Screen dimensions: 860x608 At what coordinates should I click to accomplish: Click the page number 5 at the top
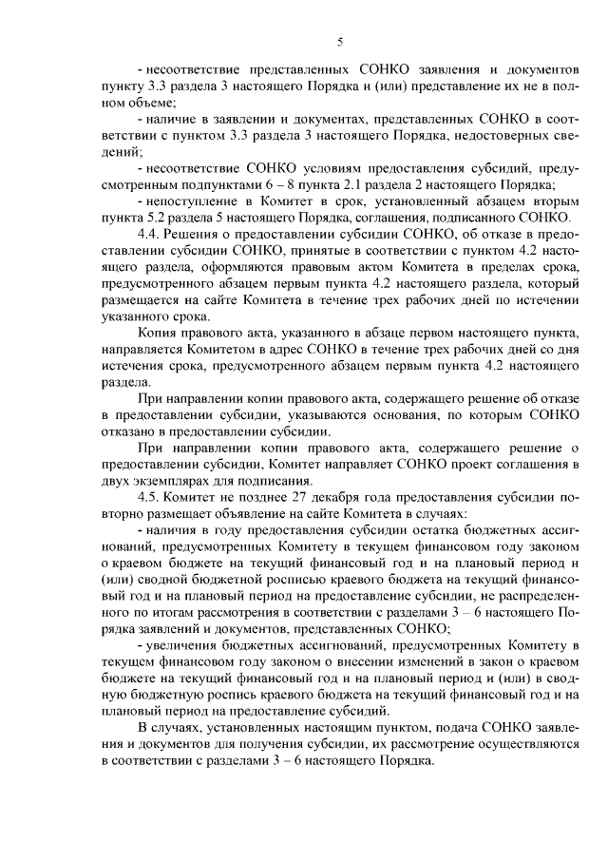tap(340, 41)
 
